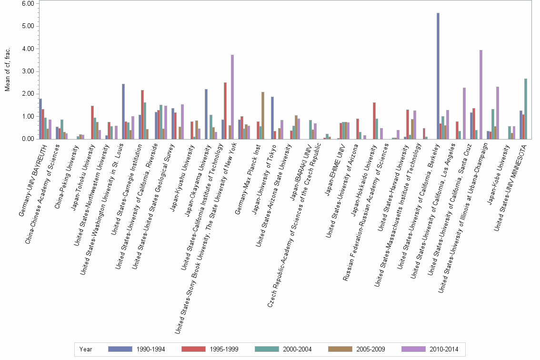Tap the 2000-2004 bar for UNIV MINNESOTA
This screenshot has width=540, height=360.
point(525,109)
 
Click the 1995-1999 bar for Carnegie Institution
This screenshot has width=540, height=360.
point(142,115)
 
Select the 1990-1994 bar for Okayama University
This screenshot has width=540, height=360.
point(206,114)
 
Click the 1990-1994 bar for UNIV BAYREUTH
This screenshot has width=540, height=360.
point(40,119)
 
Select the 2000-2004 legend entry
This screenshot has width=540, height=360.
point(297,350)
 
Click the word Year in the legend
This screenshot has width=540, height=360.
point(86,350)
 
